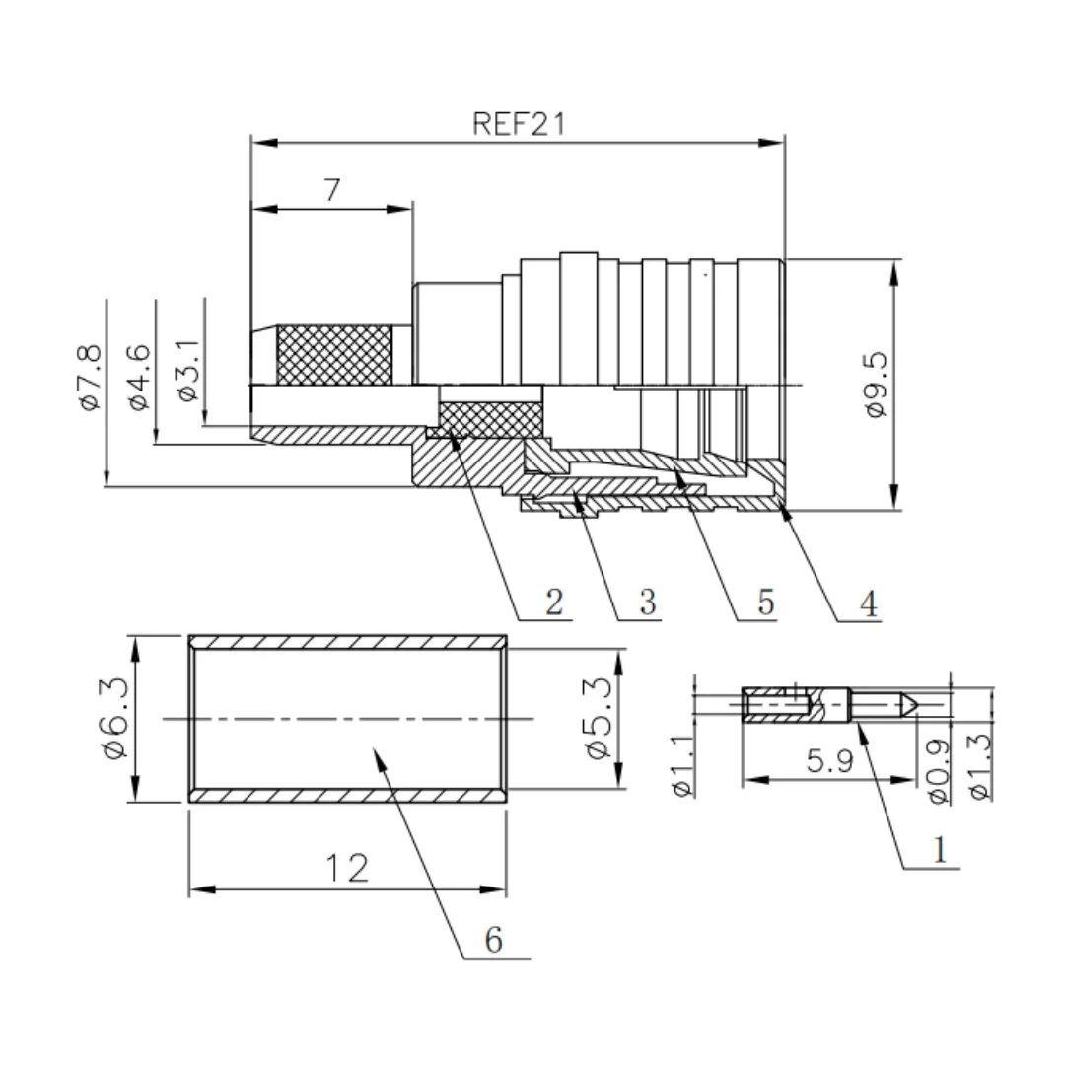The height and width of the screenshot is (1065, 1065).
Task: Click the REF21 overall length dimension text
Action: pos(519,124)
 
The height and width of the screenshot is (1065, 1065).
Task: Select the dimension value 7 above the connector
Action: pos(331,190)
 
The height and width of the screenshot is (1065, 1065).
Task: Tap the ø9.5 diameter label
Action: pos(877,385)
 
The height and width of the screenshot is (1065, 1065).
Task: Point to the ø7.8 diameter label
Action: pos(91,378)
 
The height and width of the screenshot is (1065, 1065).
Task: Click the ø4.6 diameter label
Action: pos(139,378)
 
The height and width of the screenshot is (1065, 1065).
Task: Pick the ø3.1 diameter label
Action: pos(188,371)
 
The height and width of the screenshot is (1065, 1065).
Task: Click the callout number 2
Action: pos(554,602)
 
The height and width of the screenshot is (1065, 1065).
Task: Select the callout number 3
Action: pos(648,602)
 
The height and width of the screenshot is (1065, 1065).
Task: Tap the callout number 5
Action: pos(766,602)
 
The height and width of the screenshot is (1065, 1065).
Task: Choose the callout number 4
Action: pos(869,603)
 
